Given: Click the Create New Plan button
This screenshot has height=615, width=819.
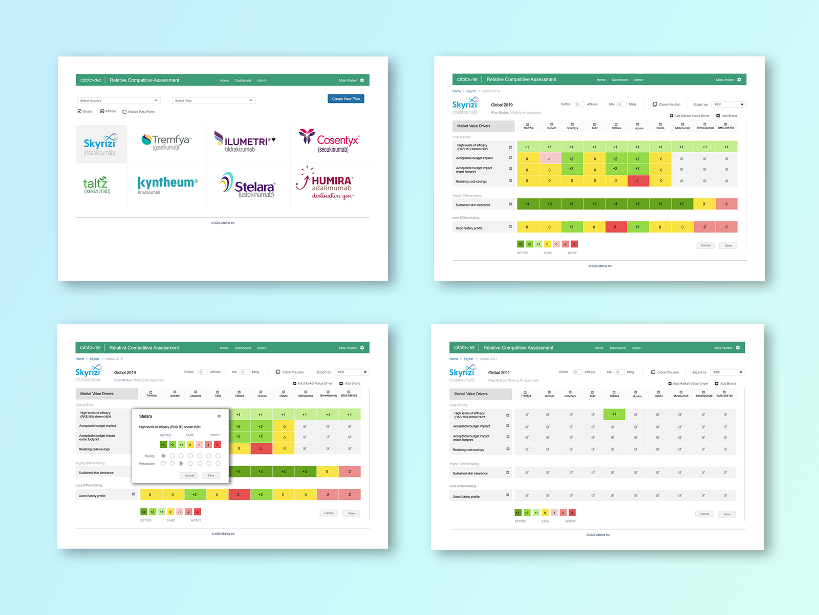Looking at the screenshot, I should pyautogui.click(x=346, y=99).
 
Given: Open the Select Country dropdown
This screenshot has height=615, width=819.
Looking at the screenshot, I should pyautogui.click(x=119, y=100).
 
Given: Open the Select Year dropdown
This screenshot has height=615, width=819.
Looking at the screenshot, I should pyautogui.click(x=213, y=100).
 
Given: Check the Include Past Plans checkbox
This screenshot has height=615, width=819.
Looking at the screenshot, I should pyautogui.click(x=124, y=112).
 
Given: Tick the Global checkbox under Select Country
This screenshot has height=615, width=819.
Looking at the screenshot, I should pyautogui.click(x=80, y=111).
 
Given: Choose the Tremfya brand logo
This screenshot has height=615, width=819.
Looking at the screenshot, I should pyautogui.click(x=166, y=142).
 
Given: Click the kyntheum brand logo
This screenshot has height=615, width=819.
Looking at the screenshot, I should pyautogui.click(x=167, y=184).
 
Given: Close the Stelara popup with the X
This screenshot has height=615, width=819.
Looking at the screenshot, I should pyautogui.click(x=219, y=416).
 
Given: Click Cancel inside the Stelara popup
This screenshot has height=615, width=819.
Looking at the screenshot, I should pyautogui.click(x=189, y=476).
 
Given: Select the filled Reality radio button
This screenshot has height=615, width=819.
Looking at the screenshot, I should pyautogui.click(x=163, y=456).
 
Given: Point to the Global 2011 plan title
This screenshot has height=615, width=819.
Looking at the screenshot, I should pyautogui.click(x=499, y=373).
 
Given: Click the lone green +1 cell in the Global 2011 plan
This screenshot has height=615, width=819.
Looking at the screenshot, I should pyautogui.click(x=614, y=414).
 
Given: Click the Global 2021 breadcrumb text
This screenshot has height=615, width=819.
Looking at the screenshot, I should pyautogui.click(x=488, y=359).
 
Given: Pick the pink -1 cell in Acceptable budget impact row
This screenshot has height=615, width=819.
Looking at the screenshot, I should pyautogui.click(x=549, y=159).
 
